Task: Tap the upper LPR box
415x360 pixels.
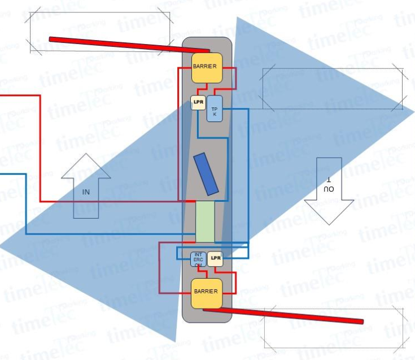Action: [198, 103]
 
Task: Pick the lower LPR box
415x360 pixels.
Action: [215, 258]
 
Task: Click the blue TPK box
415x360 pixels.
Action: [215, 109]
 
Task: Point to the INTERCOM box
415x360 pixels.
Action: [197, 259]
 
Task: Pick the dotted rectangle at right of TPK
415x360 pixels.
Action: [333, 89]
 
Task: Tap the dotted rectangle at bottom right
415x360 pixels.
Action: [334, 329]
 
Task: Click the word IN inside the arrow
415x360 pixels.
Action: [86, 192]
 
